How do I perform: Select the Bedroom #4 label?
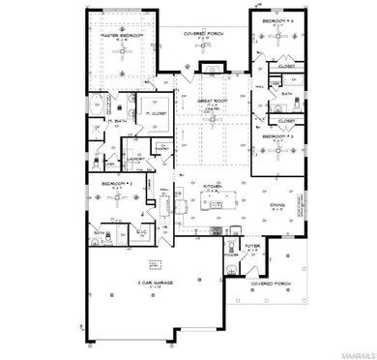pos(275,19)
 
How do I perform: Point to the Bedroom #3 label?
pos(277,137)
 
